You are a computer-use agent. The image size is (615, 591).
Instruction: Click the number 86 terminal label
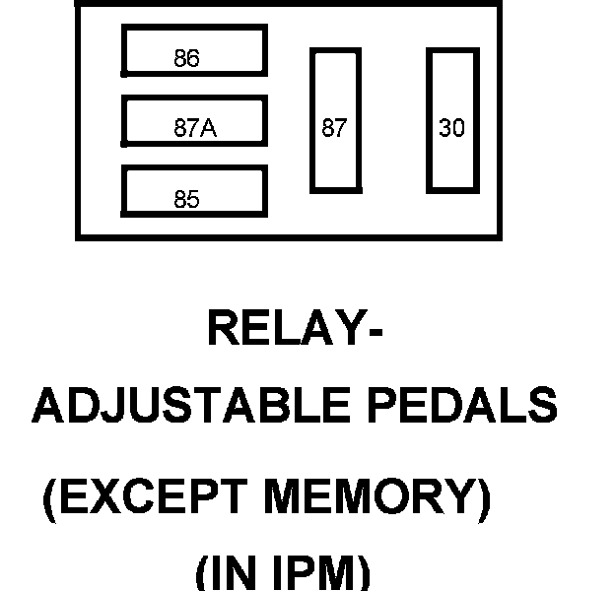pos(186,59)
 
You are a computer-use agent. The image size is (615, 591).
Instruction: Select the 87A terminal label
pos(194,128)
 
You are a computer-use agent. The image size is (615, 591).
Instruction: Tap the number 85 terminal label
pos(186,200)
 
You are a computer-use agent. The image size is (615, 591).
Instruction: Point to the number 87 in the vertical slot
pos(334,128)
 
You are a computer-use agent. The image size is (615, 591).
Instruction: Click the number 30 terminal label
pos(451,128)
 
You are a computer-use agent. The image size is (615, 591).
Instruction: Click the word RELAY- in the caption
pos(294,329)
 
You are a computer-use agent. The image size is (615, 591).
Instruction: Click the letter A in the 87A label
pos(209,128)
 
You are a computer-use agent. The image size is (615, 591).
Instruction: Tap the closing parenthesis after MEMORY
pos(482,502)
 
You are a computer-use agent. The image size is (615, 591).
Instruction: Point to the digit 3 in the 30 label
pos(444,128)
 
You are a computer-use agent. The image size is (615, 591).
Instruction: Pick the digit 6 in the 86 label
pos(193,59)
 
